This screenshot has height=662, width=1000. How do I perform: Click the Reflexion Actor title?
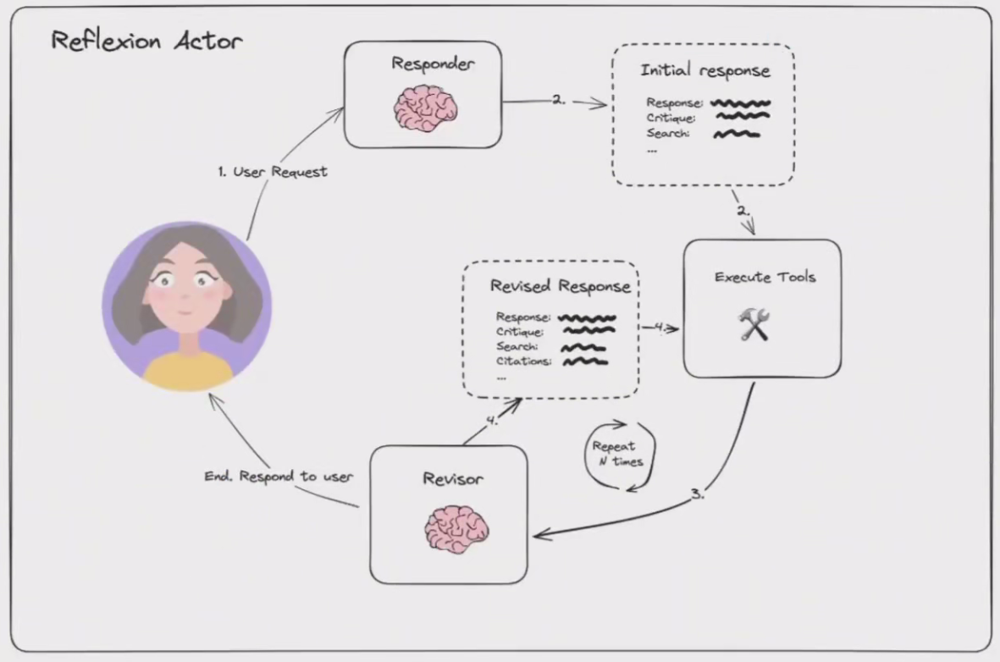tap(146, 40)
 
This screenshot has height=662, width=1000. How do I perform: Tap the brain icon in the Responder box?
tap(426, 108)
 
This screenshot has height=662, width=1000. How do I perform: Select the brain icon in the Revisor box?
tap(456, 529)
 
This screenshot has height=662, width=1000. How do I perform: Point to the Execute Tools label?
tap(765, 277)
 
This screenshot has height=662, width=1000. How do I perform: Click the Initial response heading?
tap(704, 70)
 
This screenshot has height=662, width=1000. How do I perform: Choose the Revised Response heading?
tap(560, 286)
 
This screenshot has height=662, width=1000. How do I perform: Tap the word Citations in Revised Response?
tap(523, 361)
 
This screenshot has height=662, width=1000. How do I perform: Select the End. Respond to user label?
tap(279, 476)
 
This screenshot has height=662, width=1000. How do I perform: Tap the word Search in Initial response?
tap(668, 134)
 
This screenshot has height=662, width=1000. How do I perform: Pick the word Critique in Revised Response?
tap(519, 332)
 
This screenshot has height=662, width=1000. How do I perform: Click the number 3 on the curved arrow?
tap(698, 494)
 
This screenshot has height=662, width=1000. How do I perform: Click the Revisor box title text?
tap(453, 479)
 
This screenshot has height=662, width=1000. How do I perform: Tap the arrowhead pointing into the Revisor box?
tap(539, 534)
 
